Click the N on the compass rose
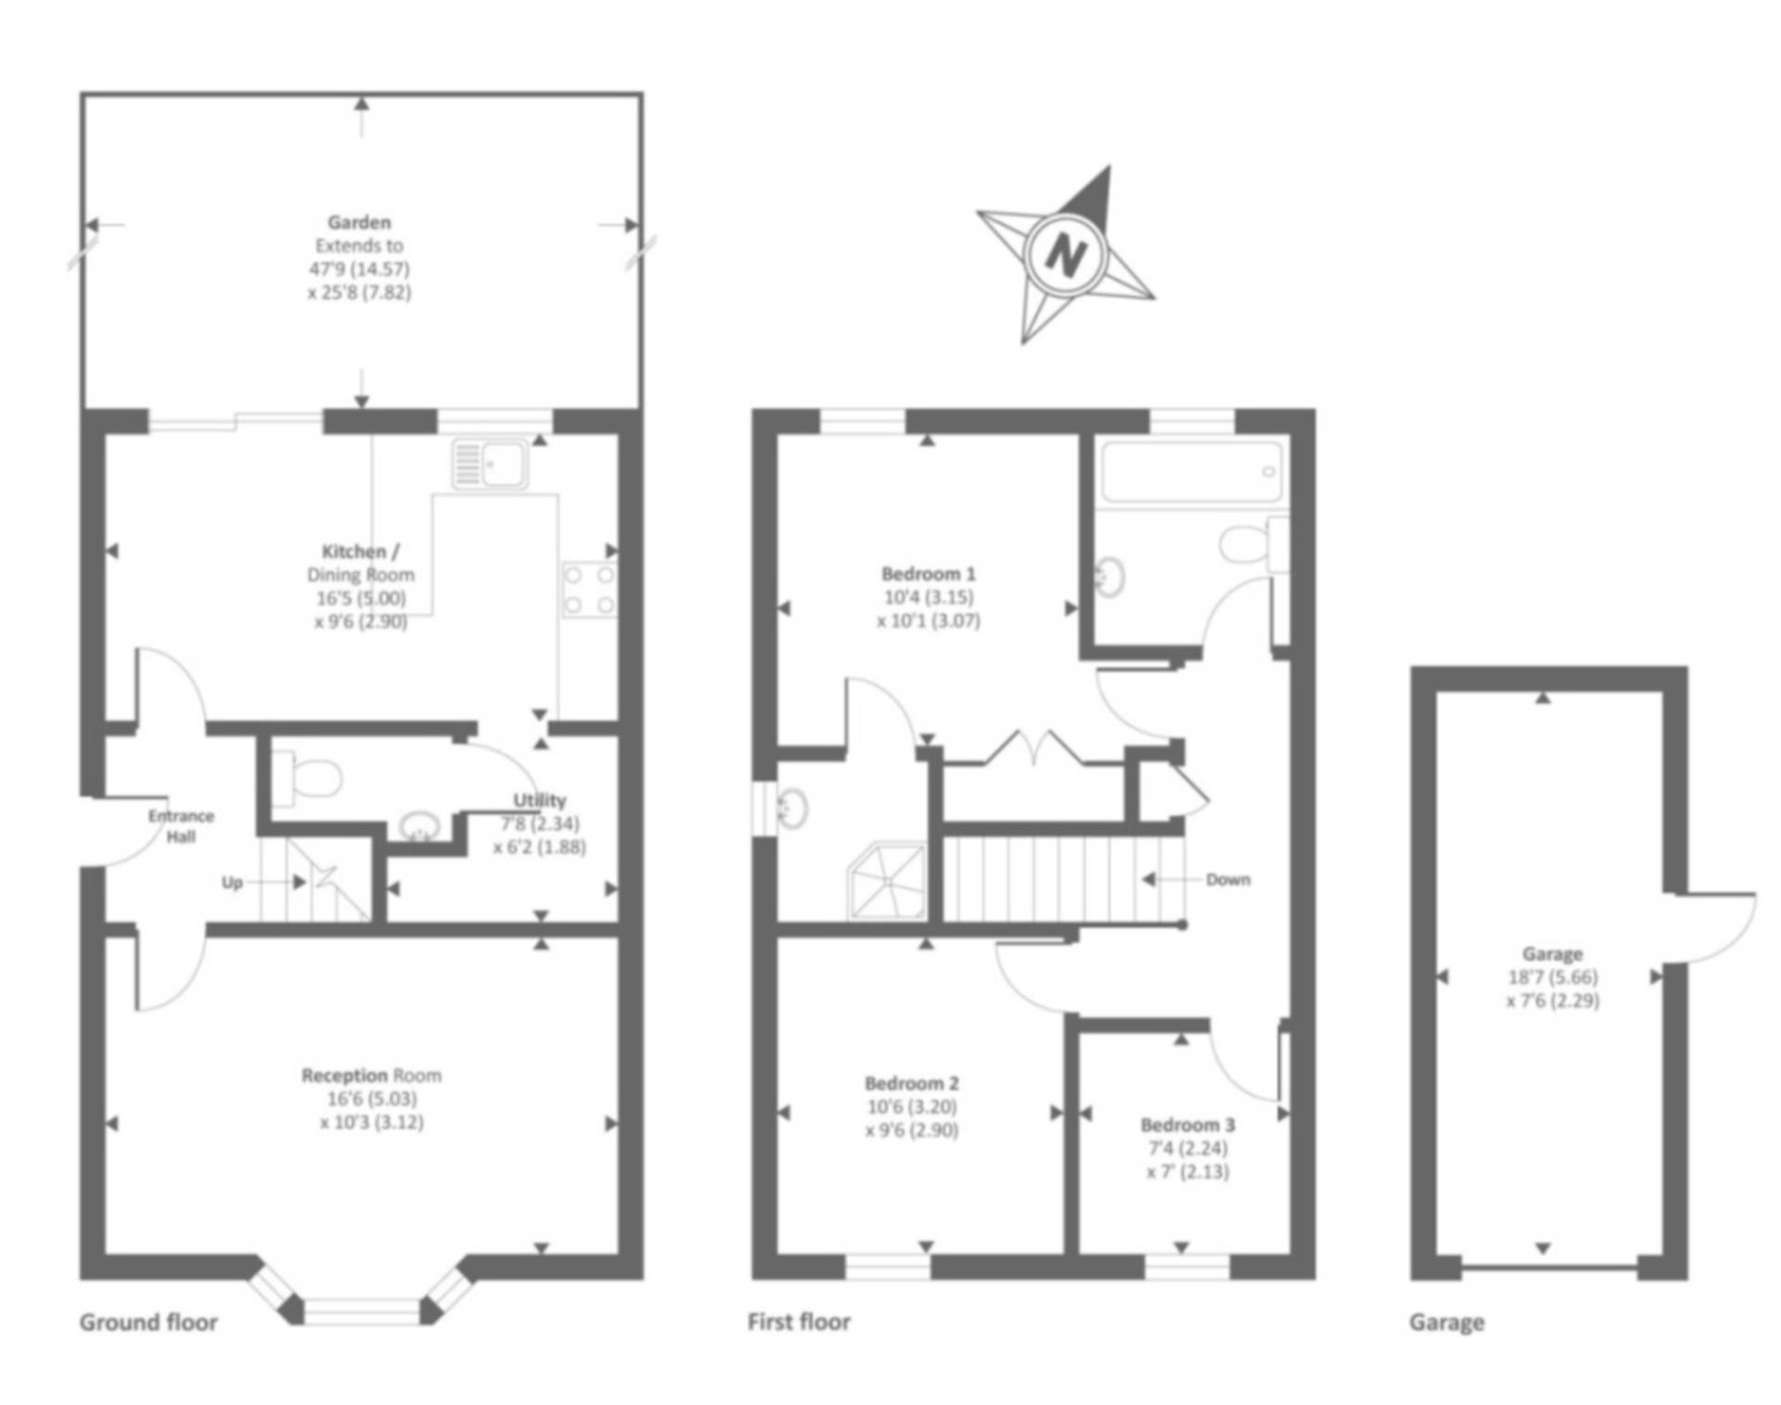[x=1066, y=252]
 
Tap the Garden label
[x=359, y=223]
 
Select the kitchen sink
[x=490, y=464]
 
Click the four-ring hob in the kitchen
[x=589, y=590]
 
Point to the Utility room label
[x=539, y=800]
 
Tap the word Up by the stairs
[x=232, y=882]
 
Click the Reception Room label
[x=371, y=1076]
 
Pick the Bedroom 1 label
[x=928, y=574]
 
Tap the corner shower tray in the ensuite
[x=888, y=881]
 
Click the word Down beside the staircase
[x=1227, y=879]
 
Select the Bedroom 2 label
[x=911, y=1083]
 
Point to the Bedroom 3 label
[x=1187, y=1125]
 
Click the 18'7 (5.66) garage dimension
[x=1553, y=977]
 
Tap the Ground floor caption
[x=148, y=1322]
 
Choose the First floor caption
[x=799, y=1322]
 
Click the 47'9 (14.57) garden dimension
[x=359, y=269]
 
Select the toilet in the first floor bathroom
[x=1245, y=544]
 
